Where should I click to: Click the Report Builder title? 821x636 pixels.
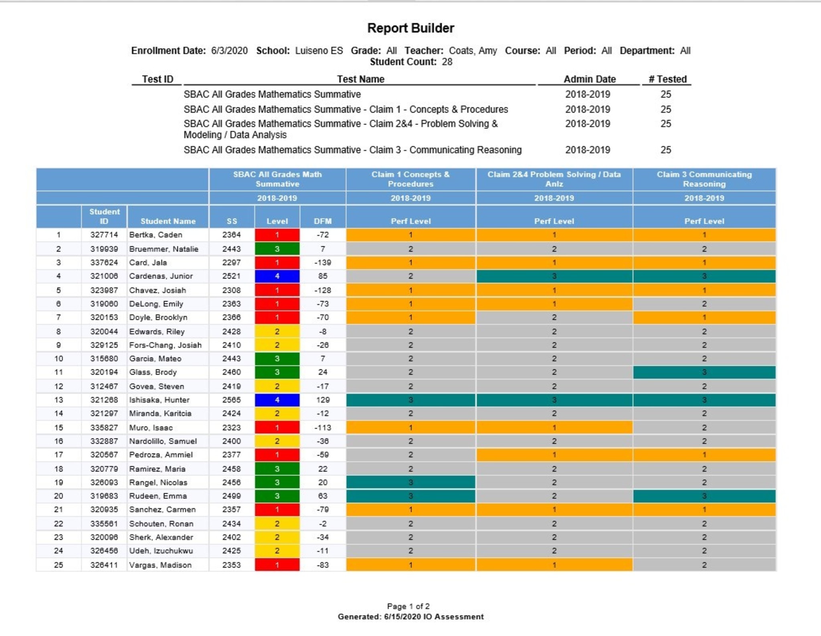coord(410,28)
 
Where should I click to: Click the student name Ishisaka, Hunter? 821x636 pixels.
coord(159,400)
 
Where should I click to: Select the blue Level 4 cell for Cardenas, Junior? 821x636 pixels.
coord(277,276)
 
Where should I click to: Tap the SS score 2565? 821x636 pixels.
coord(232,400)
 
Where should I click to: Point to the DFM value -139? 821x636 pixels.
coord(323,262)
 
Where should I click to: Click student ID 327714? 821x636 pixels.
coord(104,235)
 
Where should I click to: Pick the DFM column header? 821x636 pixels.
coord(323,221)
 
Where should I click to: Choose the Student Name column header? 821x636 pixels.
coord(168,221)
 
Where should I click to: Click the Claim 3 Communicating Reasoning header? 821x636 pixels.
coord(704,179)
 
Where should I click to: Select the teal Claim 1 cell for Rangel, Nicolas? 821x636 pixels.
coord(410,482)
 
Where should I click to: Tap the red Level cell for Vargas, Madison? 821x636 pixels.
coord(277,565)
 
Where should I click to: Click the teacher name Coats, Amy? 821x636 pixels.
coord(473,51)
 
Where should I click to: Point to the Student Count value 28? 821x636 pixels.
coord(447,62)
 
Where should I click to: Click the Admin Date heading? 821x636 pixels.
coord(589,79)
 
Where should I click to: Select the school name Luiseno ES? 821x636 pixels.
coord(319,51)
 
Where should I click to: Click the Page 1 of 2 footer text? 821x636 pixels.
coord(408,606)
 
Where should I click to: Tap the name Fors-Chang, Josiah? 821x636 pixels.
coord(165,345)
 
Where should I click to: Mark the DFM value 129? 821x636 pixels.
coord(323,400)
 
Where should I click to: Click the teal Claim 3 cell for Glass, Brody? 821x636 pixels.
coord(704,372)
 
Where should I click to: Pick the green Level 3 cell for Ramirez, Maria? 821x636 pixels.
coord(277,469)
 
